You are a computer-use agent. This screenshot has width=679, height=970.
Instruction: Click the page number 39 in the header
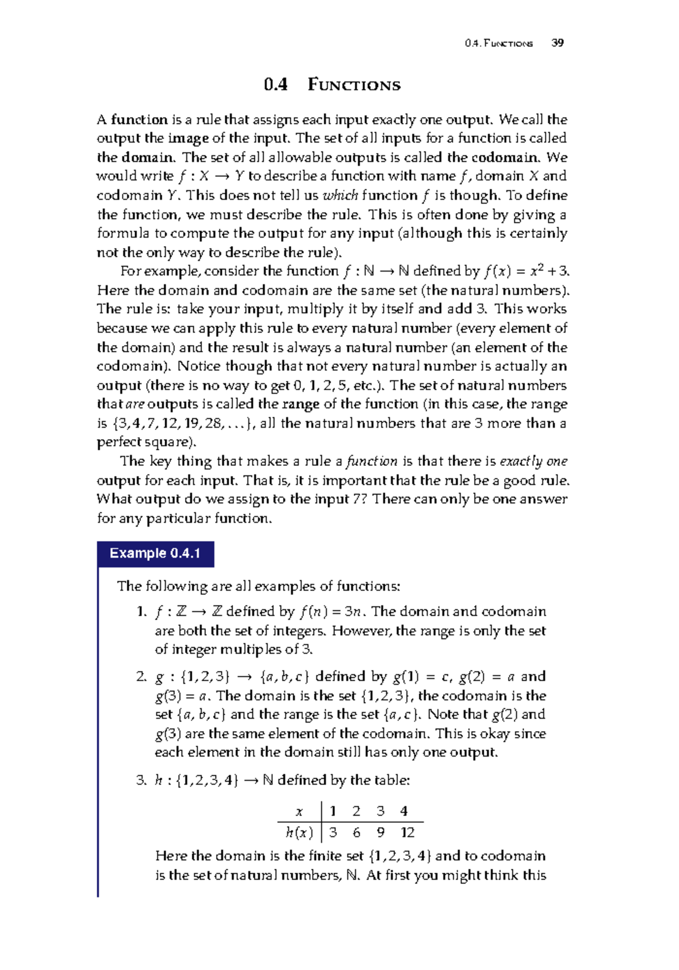point(557,43)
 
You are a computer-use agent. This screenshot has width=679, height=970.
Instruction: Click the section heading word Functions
point(354,85)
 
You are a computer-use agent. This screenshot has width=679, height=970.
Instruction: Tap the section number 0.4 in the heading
point(276,85)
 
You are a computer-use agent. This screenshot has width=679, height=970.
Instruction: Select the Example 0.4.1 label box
point(156,553)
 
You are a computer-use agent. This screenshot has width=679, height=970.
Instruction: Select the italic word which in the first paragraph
point(340,196)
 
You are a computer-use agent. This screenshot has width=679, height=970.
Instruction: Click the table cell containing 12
point(407,832)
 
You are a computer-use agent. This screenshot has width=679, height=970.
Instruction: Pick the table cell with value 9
point(380,832)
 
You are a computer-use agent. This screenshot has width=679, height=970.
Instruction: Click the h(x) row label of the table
point(299,832)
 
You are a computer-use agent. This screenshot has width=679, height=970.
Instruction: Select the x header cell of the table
point(299,812)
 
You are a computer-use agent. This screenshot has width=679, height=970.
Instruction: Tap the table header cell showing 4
point(403,812)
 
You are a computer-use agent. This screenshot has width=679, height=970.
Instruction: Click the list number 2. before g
point(141,677)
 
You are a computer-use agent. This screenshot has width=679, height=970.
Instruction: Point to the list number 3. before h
point(141,780)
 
